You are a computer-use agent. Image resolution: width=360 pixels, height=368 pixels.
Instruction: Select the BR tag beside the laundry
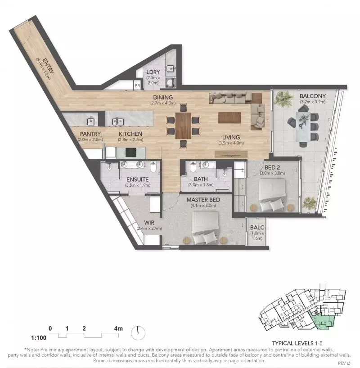click(137, 85)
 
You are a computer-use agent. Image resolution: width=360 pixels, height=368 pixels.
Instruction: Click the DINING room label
click(162, 97)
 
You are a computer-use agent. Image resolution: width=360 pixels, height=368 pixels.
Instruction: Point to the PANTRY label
click(90, 134)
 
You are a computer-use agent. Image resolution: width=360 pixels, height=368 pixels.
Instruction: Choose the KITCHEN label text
click(130, 134)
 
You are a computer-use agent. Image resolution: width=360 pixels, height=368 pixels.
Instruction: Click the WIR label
click(149, 222)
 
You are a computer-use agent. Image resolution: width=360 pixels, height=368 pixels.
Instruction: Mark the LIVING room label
click(230, 137)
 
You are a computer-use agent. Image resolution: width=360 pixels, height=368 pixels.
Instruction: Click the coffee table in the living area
click(229, 118)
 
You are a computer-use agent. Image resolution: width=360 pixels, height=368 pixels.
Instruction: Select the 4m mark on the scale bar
click(118, 329)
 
